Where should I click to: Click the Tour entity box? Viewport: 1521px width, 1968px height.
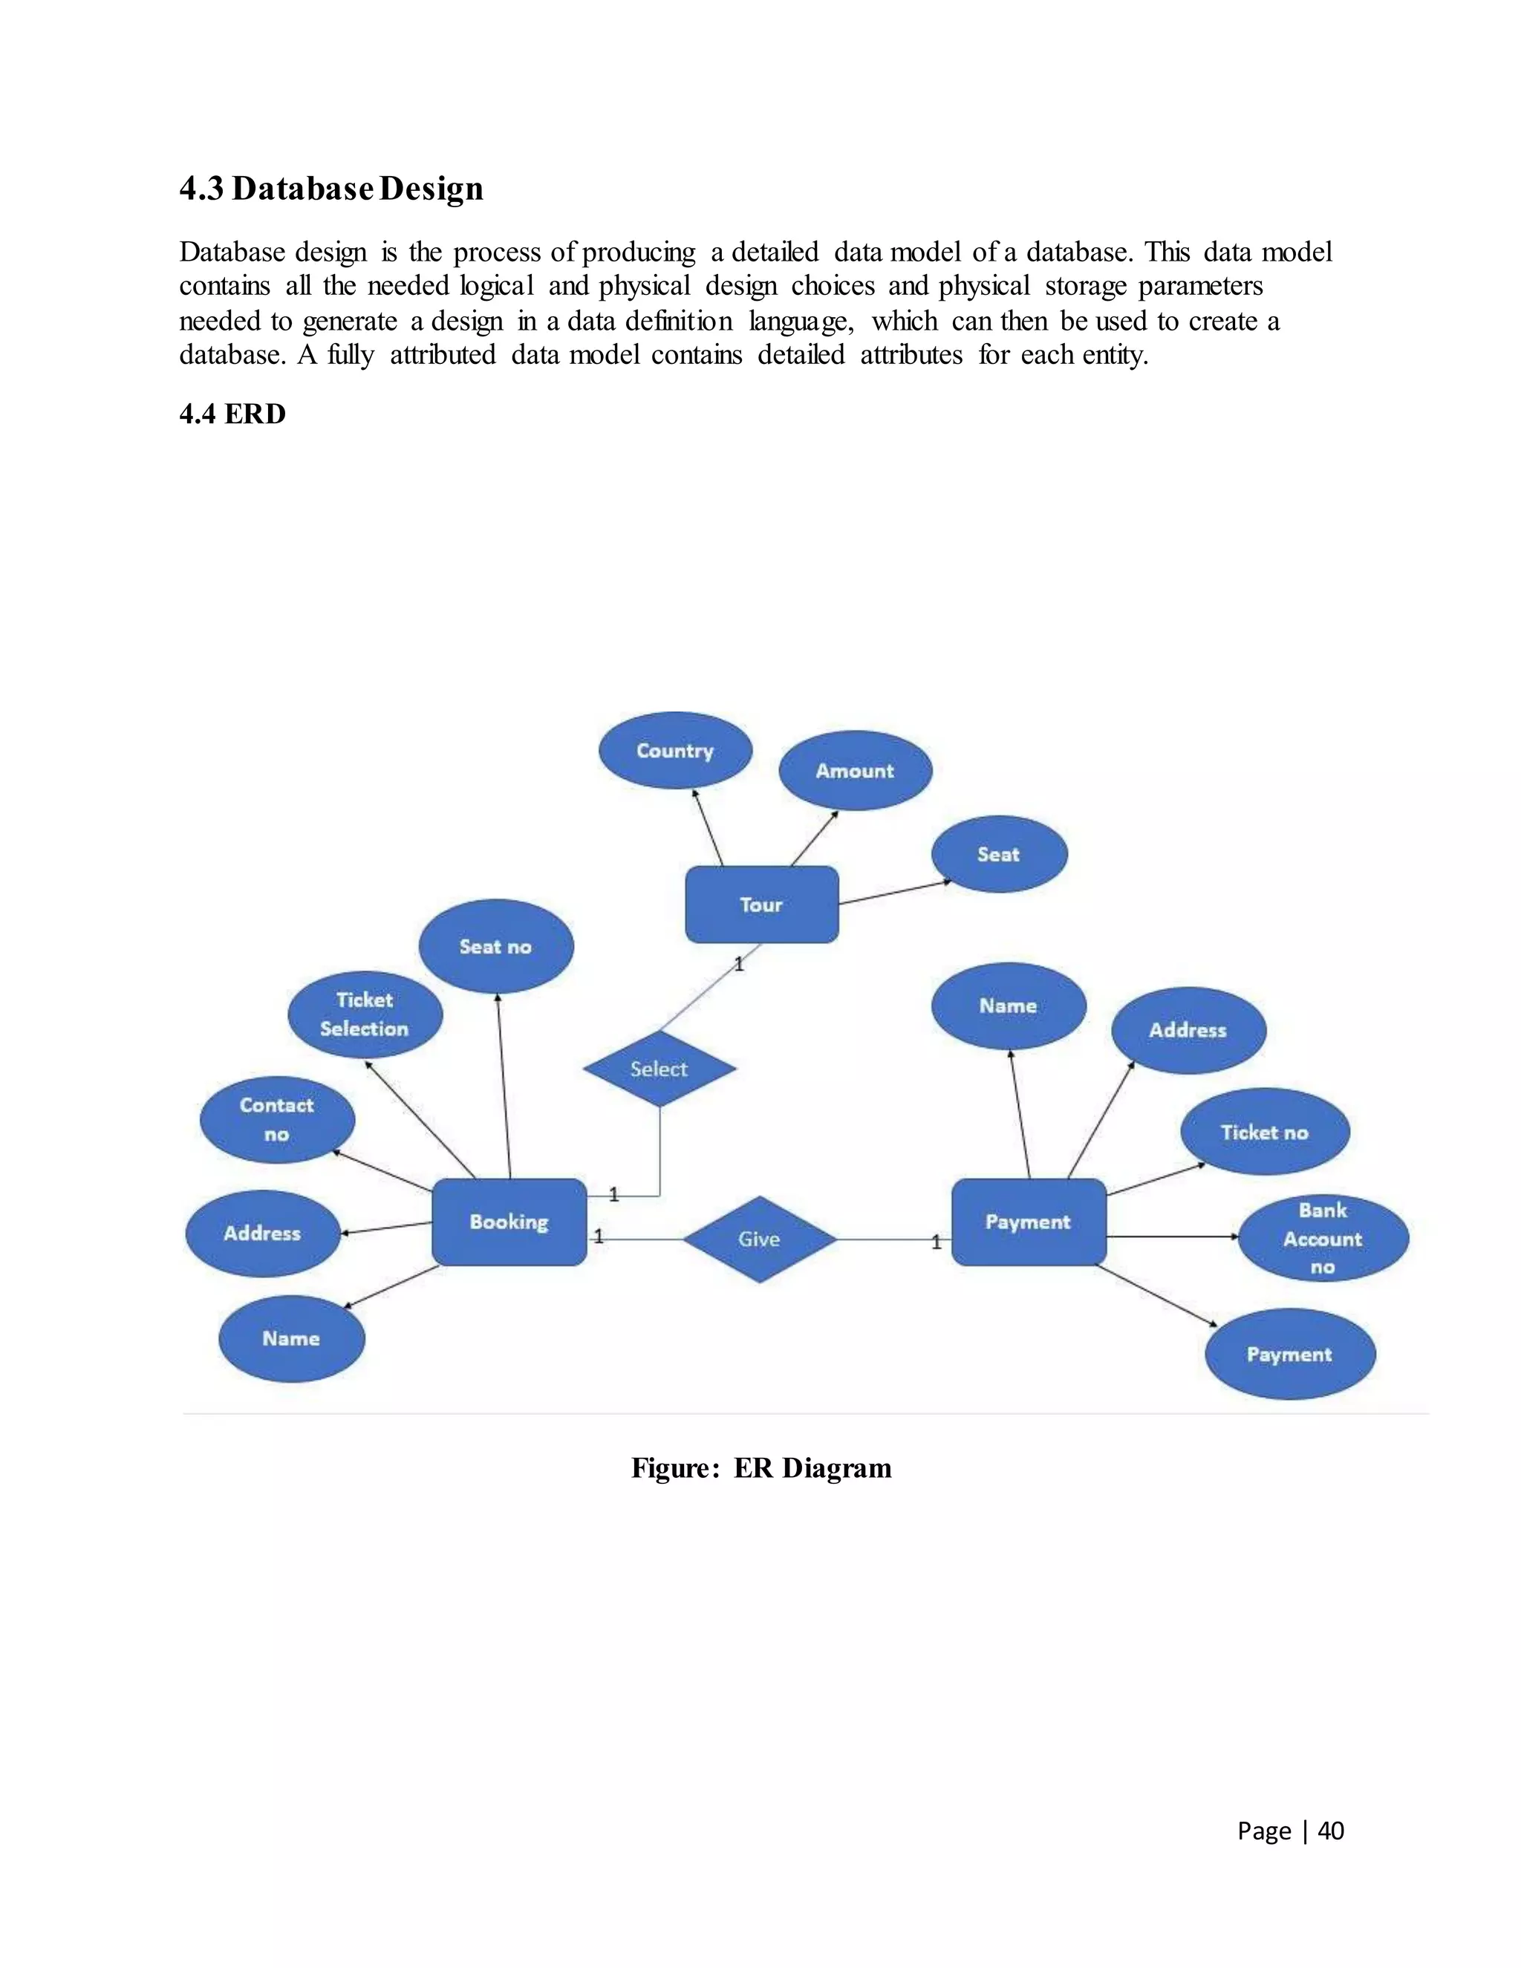click(x=761, y=905)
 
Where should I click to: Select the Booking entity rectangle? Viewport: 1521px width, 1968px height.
click(x=509, y=1222)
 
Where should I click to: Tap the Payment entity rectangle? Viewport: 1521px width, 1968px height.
click(x=1028, y=1222)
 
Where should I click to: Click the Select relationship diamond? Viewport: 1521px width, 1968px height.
click(x=659, y=1069)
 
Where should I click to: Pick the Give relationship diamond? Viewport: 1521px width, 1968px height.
click(x=760, y=1239)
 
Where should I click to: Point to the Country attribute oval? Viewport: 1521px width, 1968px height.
click(x=675, y=751)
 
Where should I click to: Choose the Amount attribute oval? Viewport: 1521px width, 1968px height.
click(x=855, y=770)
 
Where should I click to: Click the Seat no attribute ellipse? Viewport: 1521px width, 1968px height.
click(x=495, y=946)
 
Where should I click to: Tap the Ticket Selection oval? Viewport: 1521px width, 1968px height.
click(x=365, y=1014)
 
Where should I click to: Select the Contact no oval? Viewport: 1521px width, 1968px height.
click(x=276, y=1119)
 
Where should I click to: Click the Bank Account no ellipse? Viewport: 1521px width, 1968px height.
click(x=1323, y=1238)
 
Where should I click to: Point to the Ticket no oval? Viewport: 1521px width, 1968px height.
click(x=1265, y=1132)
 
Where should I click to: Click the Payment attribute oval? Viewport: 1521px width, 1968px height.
click(x=1289, y=1355)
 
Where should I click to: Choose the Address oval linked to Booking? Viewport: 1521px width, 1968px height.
click(x=262, y=1233)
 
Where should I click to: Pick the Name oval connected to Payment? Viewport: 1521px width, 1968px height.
click(x=1009, y=1006)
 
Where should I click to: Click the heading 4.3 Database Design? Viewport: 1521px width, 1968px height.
click(x=330, y=189)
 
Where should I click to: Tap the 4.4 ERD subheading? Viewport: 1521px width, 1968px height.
click(x=232, y=414)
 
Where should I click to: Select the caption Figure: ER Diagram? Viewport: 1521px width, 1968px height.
click(x=760, y=1468)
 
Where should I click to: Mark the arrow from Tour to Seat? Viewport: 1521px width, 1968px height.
click(x=894, y=892)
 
